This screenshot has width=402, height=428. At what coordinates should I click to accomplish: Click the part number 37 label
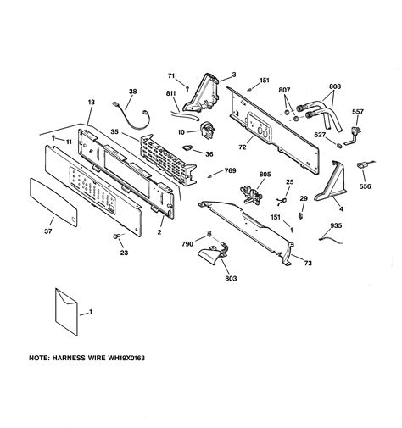point(48,231)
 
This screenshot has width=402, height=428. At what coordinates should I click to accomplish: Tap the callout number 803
point(231,278)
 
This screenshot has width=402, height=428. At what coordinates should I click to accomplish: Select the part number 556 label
point(366,186)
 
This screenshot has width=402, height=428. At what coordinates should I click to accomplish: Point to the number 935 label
point(336,225)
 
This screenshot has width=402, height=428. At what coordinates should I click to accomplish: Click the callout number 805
point(265,175)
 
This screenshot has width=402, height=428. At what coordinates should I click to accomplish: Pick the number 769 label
point(230,170)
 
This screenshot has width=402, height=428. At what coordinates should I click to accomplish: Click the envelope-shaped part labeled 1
point(66,312)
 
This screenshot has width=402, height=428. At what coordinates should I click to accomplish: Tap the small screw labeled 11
point(53,138)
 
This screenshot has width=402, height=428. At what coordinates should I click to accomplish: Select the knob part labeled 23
point(116,236)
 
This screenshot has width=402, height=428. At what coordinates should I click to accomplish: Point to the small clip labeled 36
point(187,147)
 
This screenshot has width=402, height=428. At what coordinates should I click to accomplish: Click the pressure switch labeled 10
point(208,131)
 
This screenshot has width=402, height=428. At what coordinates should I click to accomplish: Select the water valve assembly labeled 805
point(250,194)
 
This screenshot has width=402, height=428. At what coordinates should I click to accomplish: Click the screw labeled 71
point(187,88)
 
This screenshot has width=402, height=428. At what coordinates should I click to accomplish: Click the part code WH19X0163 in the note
point(126,358)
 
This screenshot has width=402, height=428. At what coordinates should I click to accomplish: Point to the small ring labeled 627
point(338,146)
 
